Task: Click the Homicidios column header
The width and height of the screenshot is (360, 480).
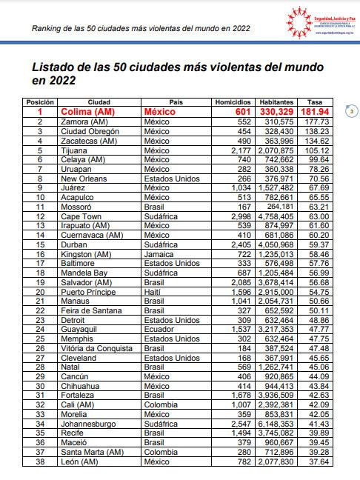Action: [233, 101]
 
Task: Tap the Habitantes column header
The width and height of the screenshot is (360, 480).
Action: [276, 101]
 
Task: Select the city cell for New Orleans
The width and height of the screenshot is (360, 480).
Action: [84, 179]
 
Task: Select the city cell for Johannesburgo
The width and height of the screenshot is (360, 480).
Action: [89, 423]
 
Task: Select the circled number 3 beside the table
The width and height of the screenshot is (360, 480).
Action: [352, 111]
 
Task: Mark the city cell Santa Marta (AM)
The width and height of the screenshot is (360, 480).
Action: [92, 452]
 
